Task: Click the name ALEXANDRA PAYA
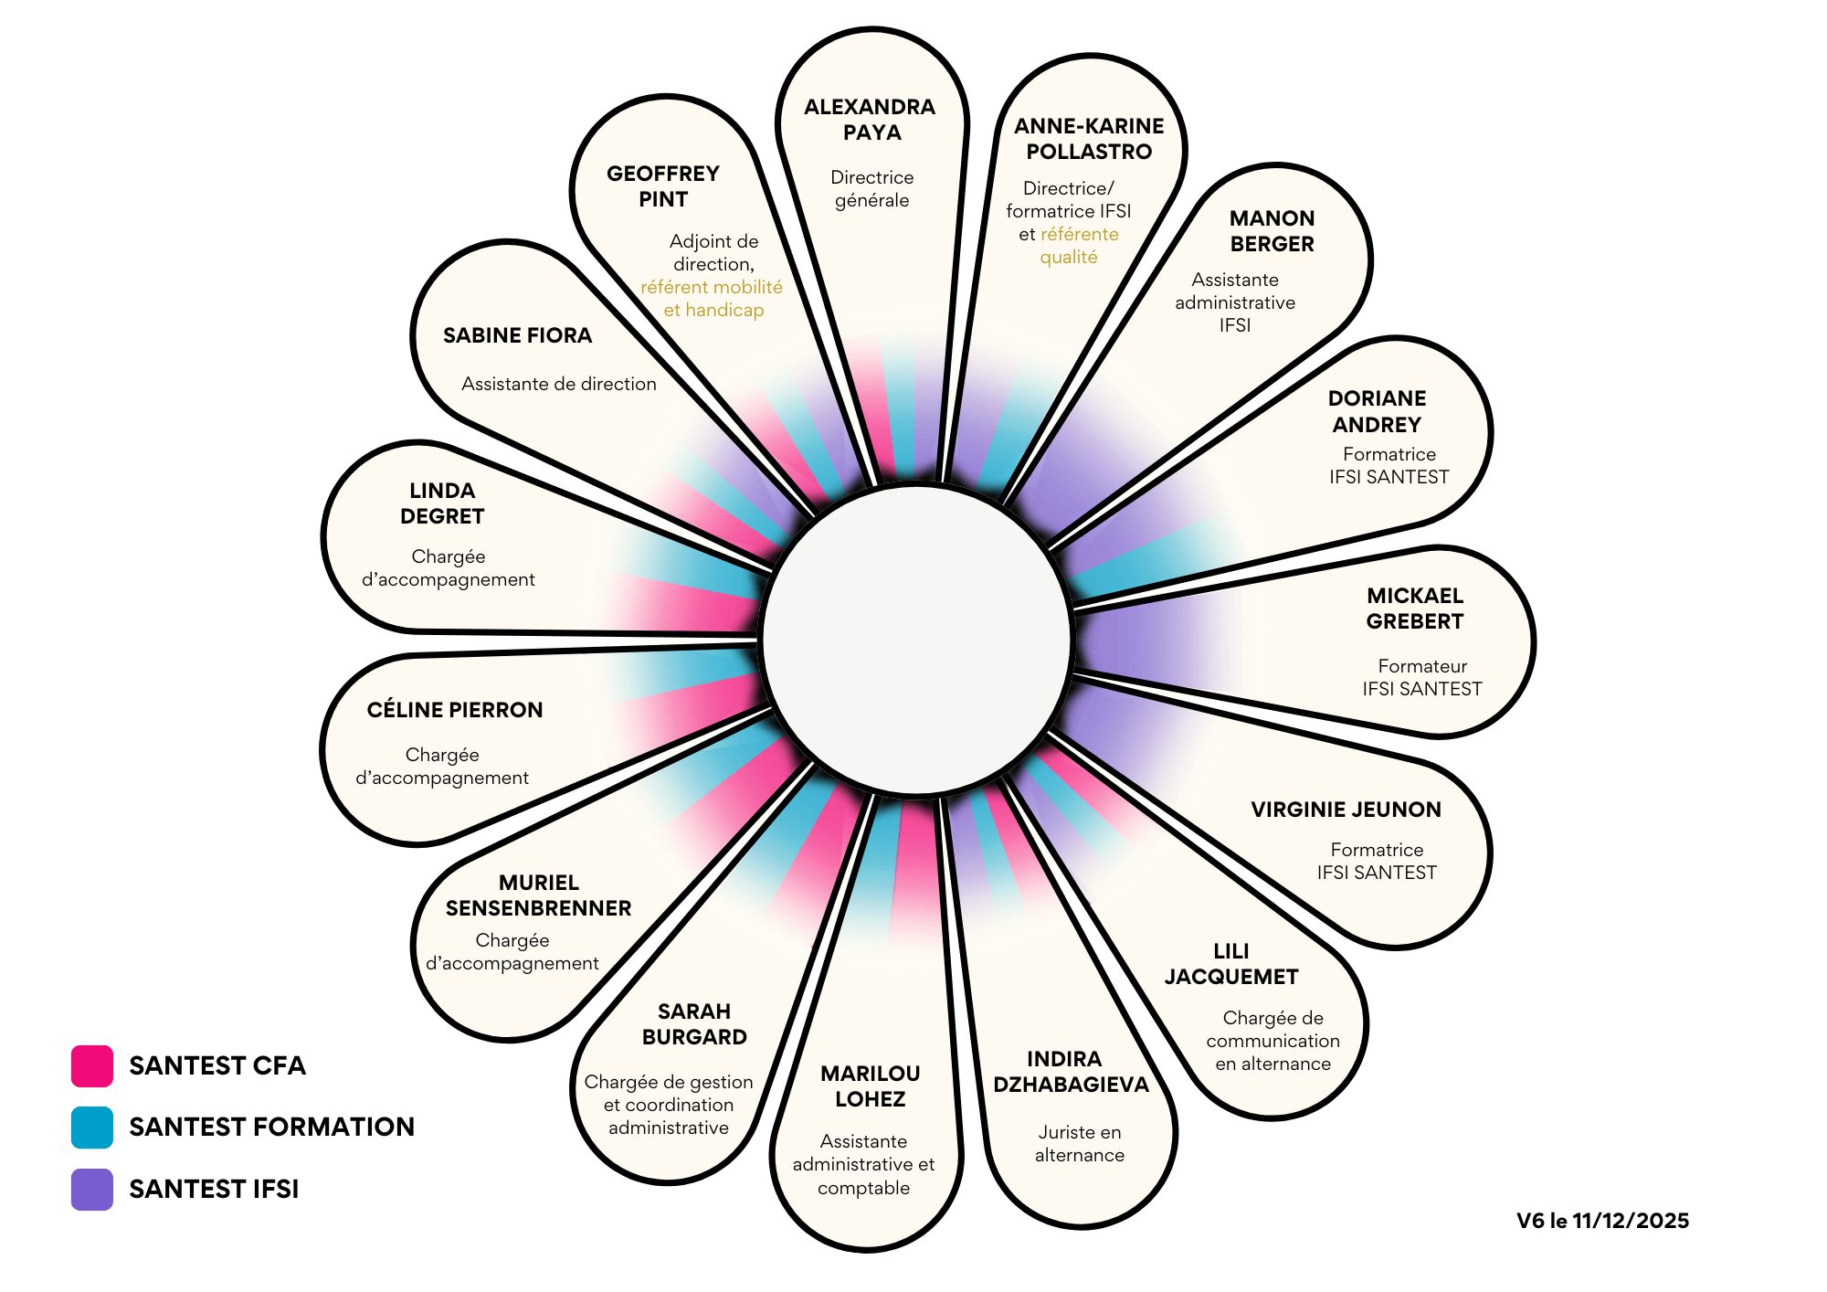[x=870, y=120]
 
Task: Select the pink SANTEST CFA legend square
[x=92, y=1066]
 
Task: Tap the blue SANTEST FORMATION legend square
[x=92, y=1128]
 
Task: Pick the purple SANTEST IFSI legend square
[x=92, y=1190]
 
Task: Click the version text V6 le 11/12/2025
[x=1602, y=1221]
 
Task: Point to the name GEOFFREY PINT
[x=663, y=186]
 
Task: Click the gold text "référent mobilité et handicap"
[x=713, y=299]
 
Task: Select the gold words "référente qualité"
[x=1074, y=246]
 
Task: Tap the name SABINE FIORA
[x=517, y=335]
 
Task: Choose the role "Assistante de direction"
[x=558, y=384]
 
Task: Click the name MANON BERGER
[x=1272, y=231]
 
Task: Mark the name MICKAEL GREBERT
[x=1415, y=609]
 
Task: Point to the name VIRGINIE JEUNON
[x=1346, y=810]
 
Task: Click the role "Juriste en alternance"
[x=1079, y=1144]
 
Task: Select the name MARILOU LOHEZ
[x=870, y=1086]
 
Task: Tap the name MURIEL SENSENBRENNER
[x=538, y=895]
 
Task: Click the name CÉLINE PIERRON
[x=455, y=710]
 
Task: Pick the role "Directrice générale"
[x=871, y=189]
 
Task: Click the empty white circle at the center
[x=916, y=641]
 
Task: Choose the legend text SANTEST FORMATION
[x=271, y=1128]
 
